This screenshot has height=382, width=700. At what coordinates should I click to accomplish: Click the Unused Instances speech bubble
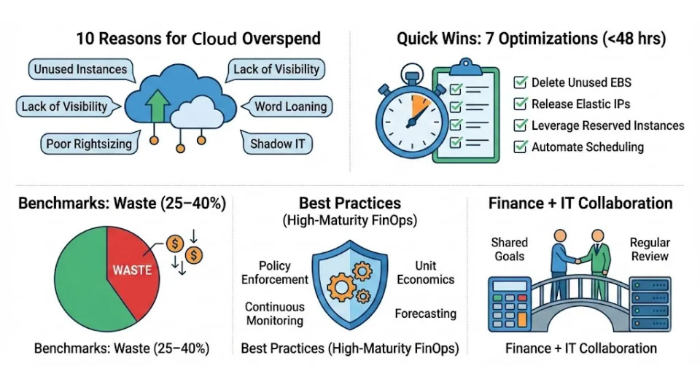(82, 70)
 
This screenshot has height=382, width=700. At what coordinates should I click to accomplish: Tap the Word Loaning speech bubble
(289, 106)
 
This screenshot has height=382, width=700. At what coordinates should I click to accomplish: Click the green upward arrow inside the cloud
(157, 105)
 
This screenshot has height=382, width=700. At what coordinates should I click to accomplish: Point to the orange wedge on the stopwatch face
(419, 104)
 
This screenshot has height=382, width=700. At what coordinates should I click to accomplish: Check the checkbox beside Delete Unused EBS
(520, 82)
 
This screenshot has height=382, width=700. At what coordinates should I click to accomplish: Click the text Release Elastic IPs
(581, 104)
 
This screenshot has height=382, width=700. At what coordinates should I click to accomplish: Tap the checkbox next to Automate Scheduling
(520, 147)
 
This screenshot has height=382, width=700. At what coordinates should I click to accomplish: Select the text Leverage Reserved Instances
(607, 125)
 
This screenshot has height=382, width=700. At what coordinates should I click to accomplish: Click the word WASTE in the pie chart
(132, 270)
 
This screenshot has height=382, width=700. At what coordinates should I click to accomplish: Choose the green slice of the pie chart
(89, 281)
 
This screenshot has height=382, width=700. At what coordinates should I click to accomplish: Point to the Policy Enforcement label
(275, 273)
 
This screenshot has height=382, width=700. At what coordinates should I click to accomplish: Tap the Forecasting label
(425, 313)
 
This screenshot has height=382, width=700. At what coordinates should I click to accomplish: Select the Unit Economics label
(425, 273)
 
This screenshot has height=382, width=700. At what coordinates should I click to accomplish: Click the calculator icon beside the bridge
(510, 304)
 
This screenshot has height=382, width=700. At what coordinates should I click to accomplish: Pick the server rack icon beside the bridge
(650, 304)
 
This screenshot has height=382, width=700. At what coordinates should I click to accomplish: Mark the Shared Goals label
(510, 249)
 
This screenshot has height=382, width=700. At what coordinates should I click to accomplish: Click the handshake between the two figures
(578, 261)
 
